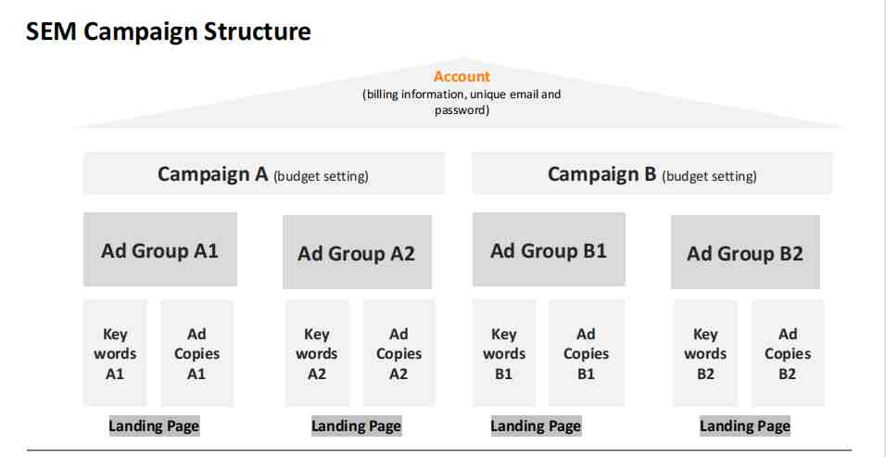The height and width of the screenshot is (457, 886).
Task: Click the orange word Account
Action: tap(462, 76)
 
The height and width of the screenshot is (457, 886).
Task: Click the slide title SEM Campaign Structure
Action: tap(169, 32)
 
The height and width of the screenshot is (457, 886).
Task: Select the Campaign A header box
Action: tap(264, 173)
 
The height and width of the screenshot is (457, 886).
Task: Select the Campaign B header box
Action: tap(652, 173)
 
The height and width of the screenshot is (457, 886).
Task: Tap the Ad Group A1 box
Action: tap(160, 249)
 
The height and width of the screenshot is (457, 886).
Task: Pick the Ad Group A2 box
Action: tap(357, 252)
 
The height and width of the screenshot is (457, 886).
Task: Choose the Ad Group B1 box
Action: tap(549, 249)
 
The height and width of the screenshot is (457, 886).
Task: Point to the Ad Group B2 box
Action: tap(745, 252)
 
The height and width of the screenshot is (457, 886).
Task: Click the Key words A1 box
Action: tap(115, 353)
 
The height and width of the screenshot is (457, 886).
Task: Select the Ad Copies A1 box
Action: tap(196, 353)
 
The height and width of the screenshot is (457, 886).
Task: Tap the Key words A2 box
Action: tap(317, 353)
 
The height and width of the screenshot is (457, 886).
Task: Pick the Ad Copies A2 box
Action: tap(399, 353)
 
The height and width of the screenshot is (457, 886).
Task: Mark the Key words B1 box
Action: tap(504, 353)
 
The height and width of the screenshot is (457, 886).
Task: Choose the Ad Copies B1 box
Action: tap(586, 353)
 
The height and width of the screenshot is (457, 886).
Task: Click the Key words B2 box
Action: tap(705, 353)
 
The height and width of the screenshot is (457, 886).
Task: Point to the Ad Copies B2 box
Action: tap(788, 353)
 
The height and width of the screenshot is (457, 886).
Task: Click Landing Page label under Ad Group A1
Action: tap(154, 425)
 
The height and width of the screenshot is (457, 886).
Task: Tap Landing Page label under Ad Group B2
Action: tap(745, 425)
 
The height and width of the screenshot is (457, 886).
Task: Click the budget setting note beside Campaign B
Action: tap(709, 176)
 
